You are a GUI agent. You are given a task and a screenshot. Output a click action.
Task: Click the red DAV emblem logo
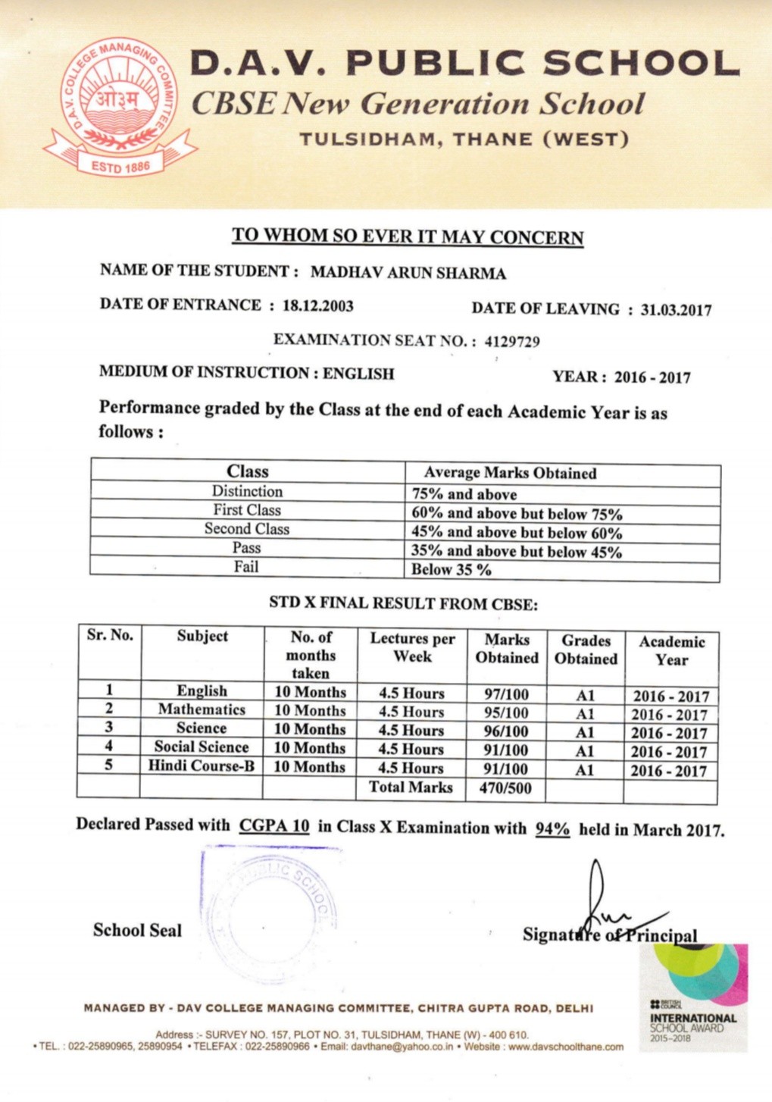(x=121, y=106)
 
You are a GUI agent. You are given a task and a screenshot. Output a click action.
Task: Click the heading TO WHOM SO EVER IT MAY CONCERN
(x=408, y=236)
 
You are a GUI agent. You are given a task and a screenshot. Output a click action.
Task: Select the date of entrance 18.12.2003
(x=317, y=305)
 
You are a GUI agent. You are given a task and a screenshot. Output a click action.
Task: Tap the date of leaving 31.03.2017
(x=676, y=310)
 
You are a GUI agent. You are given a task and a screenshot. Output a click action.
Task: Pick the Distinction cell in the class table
(x=247, y=491)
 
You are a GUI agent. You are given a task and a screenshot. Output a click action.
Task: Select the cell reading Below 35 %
(x=451, y=570)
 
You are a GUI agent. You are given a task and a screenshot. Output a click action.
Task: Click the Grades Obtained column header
(x=586, y=650)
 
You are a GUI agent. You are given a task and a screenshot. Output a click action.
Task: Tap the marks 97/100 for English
(x=506, y=694)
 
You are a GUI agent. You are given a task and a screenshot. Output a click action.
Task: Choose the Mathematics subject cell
(x=202, y=709)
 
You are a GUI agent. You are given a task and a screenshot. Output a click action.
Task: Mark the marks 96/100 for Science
(x=506, y=732)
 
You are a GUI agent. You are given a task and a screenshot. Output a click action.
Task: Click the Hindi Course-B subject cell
(x=202, y=765)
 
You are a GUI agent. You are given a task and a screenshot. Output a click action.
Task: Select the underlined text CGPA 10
(x=274, y=825)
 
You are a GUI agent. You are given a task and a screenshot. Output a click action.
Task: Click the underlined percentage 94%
(x=552, y=828)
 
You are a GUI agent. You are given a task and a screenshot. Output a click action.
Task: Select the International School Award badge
(x=693, y=997)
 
